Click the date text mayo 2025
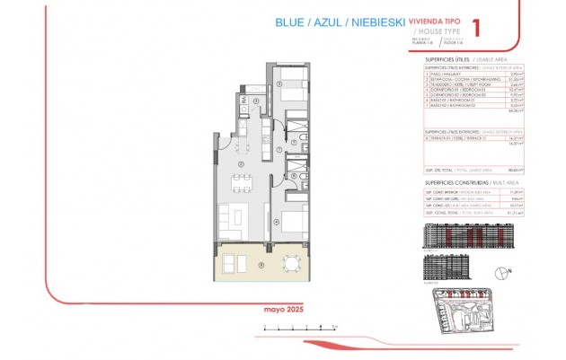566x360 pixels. pyautogui.click(x=281, y=310)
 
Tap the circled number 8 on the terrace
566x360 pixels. pyautogui.click(x=261, y=264)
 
